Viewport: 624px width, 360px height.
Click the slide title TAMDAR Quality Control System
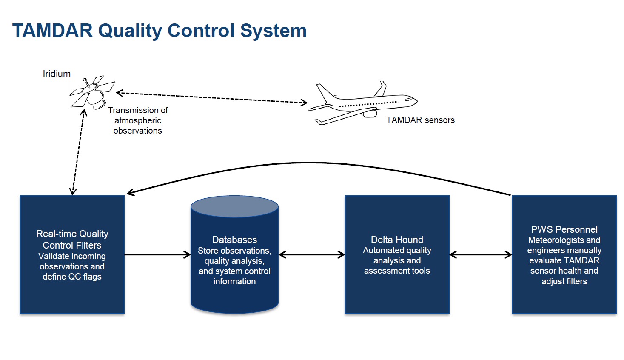tap(160, 31)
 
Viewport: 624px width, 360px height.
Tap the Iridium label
tap(57, 74)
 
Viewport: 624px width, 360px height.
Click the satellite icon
tap(91, 93)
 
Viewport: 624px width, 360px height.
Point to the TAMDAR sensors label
tap(420, 120)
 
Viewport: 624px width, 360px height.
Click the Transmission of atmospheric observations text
tap(138, 120)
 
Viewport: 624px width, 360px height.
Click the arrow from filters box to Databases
tap(157, 255)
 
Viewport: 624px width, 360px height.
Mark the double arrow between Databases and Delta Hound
tap(312, 255)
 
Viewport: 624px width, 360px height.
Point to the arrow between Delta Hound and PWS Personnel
tap(481, 255)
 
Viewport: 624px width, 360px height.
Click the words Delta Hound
tap(397, 240)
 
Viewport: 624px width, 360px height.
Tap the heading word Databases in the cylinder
tap(234, 240)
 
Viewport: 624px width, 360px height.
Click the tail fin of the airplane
tap(381, 89)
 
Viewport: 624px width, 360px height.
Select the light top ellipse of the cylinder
tap(234, 207)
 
